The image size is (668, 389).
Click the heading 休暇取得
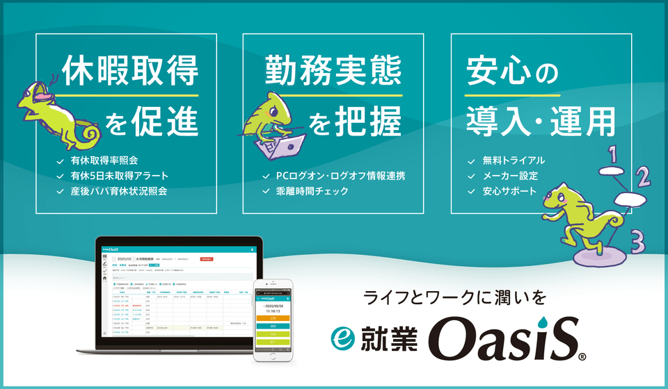(x=130, y=72)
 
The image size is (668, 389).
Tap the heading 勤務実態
(x=333, y=72)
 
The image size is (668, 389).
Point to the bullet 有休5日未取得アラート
(x=119, y=176)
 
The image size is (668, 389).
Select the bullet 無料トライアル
(x=514, y=161)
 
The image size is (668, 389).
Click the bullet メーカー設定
(x=509, y=176)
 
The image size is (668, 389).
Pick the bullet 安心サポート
(x=509, y=190)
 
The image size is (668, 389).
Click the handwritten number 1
(x=613, y=151)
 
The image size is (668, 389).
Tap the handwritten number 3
(x=636, y=241)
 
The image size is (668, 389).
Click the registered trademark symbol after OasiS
(x=582, y=357)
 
